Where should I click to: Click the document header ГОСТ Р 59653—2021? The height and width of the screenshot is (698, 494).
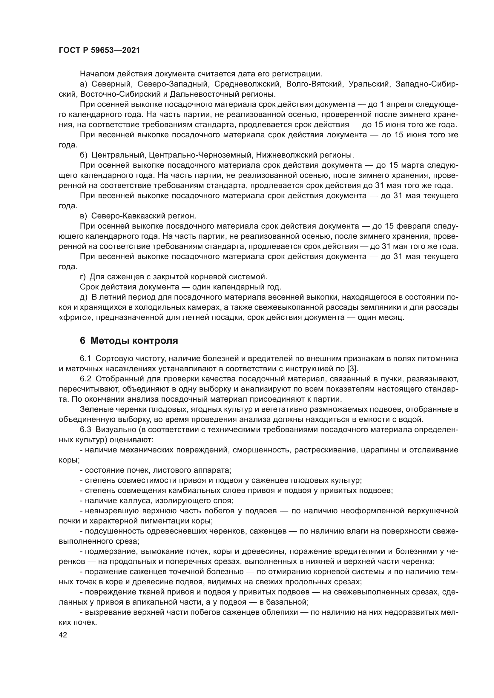(x=99, y=50)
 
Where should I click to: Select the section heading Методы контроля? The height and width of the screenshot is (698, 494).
(x=134, y=341)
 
